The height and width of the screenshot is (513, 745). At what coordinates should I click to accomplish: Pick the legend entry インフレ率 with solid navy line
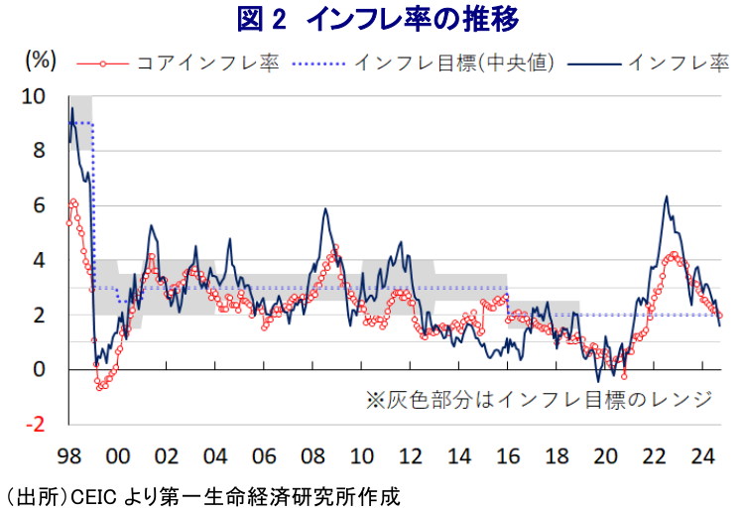[676, 62]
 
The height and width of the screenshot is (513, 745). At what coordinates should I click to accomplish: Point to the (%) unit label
[39, 61]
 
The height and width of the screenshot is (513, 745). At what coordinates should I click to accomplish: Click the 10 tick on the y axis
[35, 97]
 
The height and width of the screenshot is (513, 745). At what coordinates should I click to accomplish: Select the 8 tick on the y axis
[40, 152]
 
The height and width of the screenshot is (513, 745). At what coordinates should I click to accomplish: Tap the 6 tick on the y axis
[40, 206]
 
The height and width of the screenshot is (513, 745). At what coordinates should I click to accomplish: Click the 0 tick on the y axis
[40, 370]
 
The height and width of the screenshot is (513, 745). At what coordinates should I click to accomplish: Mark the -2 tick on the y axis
[37, 425]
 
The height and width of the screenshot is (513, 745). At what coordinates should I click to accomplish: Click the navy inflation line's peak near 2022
[666, 196]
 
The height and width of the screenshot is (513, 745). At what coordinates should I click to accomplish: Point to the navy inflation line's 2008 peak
[325, 208]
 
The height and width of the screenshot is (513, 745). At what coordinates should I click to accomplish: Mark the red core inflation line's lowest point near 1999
[99, 387]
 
